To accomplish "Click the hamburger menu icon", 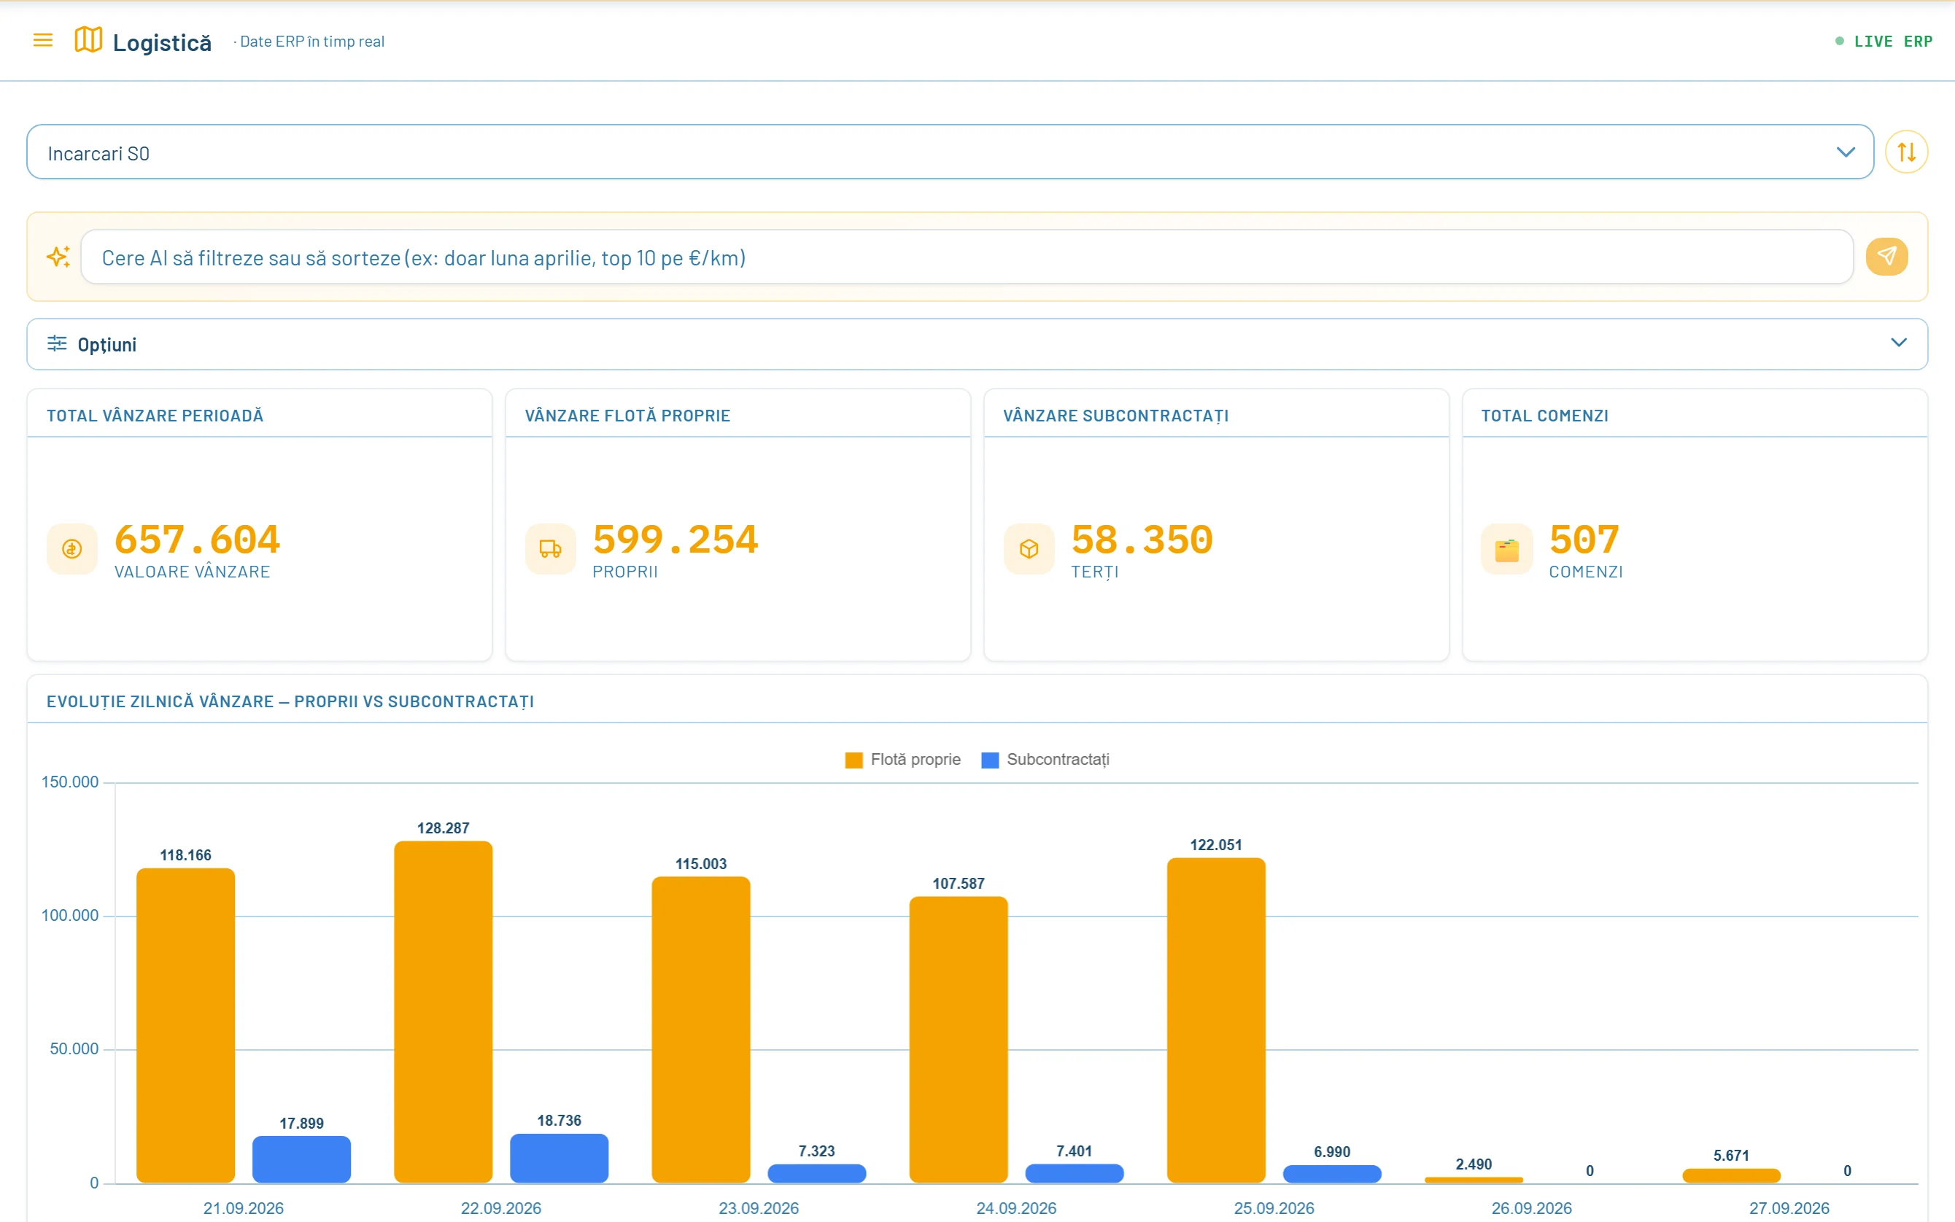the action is point(43,40).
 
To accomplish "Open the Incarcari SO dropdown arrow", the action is point(1845,152).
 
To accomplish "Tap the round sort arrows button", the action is point(1905,152).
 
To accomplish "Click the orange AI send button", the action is point(1886,257).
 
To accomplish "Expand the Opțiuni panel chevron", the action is point(1898,343).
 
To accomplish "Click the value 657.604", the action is point(197,539).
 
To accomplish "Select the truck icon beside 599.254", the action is point(551,549).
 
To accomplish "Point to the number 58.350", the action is point(1142,539).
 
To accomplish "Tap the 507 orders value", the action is point(1584,539).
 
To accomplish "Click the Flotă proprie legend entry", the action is point(902,760).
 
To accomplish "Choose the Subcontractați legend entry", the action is point(1045,760).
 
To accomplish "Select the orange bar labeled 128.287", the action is point(443,1012).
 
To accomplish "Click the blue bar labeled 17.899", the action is point(301,1160).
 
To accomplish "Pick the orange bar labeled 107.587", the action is point(958,1039).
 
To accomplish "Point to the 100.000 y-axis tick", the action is point(69,916).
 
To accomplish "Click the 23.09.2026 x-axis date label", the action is point(759,1208).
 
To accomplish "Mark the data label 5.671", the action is point(1731,1156).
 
